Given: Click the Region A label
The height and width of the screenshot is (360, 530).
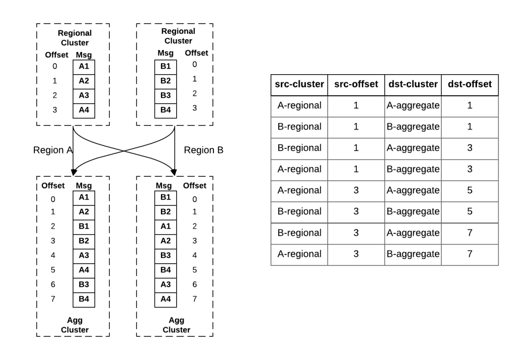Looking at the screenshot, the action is pos(53,150).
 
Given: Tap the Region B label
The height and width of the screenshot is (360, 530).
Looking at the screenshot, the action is pos(204,150).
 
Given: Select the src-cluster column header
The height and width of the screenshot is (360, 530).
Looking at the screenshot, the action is pos(299,84).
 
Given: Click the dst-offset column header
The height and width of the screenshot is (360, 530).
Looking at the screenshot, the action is pos(470,84).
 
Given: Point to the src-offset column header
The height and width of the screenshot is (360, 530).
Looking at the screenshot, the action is pos(356,84).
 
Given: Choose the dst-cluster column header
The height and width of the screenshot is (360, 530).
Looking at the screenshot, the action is pos(413,84).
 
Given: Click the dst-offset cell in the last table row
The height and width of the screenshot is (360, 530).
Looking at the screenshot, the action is pos(470,254).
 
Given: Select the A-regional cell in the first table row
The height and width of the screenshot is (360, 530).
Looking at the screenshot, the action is pos(299,106).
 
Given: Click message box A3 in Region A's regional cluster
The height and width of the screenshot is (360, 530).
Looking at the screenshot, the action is pos(84,95).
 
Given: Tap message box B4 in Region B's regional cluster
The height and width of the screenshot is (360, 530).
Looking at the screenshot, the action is pos(166,110).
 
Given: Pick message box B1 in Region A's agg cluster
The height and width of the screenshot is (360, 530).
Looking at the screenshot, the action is pos(84,226).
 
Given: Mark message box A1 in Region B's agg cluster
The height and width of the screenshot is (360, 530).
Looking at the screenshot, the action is pos(166,226).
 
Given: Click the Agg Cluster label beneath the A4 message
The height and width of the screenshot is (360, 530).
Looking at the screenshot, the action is pos(177,325).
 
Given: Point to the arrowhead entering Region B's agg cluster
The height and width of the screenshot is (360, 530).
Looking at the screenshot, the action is pos(174,172).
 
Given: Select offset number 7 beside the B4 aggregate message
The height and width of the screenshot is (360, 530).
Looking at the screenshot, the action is pos(53,299).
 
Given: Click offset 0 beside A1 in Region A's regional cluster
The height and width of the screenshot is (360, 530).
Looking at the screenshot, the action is pos(55,66).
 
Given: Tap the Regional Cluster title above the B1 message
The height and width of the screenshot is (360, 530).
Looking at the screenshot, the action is pos(178,36).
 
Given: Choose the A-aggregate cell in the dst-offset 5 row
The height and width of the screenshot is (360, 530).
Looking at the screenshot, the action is pos(413,191).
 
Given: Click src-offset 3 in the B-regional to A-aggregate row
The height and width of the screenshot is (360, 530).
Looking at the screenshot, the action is pos(356,233).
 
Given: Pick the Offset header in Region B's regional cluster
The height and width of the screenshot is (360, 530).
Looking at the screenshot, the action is pos(196,53).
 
